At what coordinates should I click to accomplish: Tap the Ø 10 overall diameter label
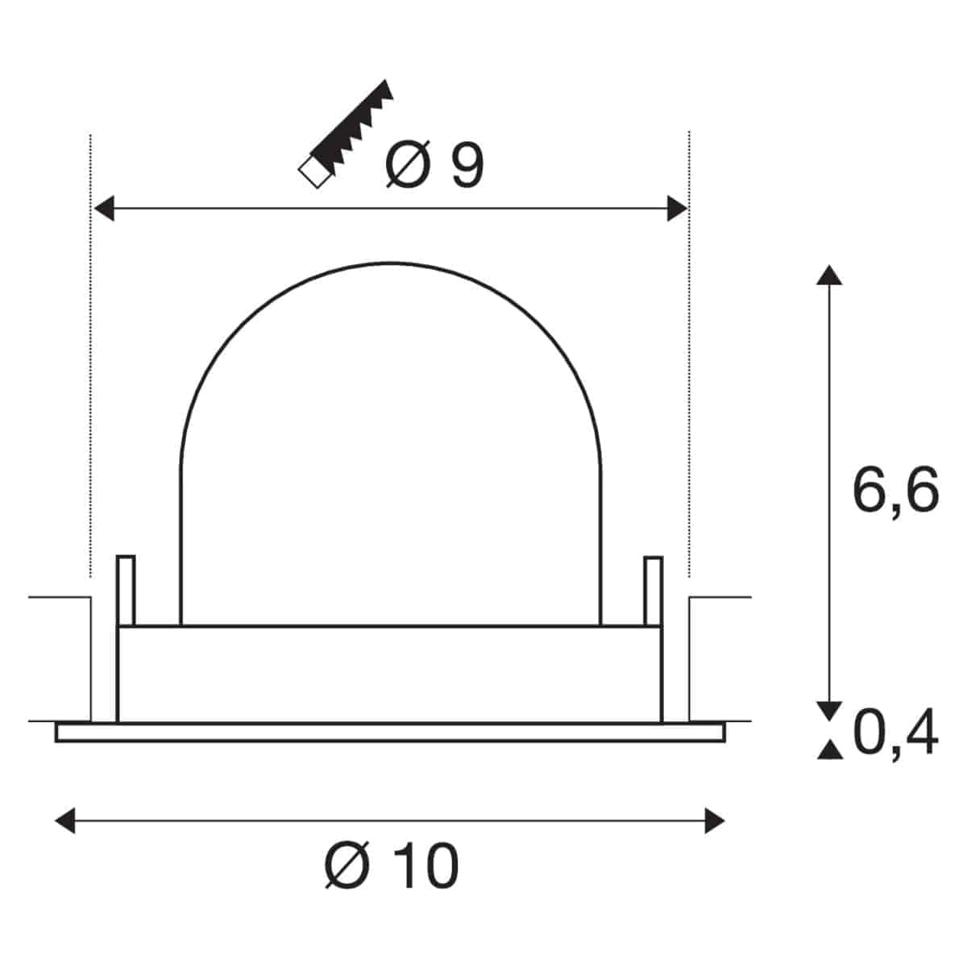(392, 865)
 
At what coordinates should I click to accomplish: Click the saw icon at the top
(346, 134)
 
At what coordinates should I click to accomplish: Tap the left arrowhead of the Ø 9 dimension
(104, 208)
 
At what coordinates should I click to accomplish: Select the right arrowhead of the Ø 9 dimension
(678, 208)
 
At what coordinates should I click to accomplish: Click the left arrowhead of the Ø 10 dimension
(64, 821)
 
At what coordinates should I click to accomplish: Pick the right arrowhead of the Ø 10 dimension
(715, 821)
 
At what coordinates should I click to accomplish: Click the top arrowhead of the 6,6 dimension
(829, 275)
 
